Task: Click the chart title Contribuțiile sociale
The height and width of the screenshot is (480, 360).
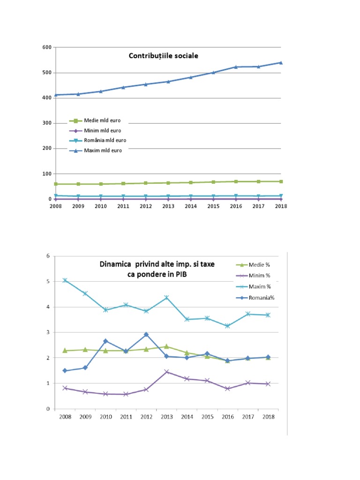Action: coord(164,56)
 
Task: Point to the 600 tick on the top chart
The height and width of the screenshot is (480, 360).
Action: coord(46,47)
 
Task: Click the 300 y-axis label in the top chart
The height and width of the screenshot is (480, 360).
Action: coord(46,123)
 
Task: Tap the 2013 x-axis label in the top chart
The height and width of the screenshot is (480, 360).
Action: coord(168,206)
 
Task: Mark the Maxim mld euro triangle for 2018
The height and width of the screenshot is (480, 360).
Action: coord(281,62)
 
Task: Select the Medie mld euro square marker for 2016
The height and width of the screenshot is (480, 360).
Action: coord(236,181)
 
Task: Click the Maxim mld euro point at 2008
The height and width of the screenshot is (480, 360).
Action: coord(56,95)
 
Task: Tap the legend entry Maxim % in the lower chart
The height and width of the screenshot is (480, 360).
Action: coord(258,286)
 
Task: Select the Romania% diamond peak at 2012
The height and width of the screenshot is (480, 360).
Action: coord(146,334)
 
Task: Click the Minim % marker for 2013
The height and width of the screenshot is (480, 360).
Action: coord(166,372)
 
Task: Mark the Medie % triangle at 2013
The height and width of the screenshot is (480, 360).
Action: coord(166,346)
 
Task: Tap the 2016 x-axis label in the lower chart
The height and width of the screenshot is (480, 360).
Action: coord(227,416)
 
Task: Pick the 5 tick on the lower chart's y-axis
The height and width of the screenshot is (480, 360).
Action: coord(48,282)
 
